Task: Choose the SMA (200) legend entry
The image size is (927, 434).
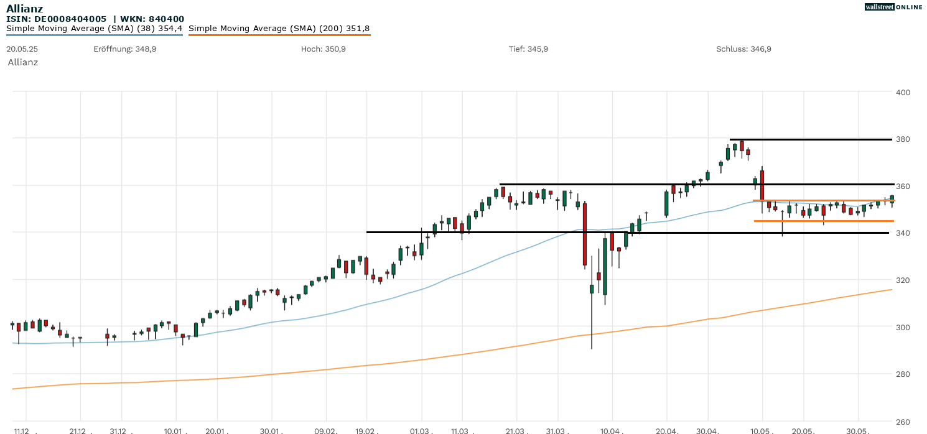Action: point(279,29)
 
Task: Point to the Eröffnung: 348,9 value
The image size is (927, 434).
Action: point(124,48)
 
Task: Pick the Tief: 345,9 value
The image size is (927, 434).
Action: point(528,48)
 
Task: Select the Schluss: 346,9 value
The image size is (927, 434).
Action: point(743,48)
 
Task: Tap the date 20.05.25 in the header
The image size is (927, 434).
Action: point(21,48)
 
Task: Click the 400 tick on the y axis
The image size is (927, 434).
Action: point(902,93)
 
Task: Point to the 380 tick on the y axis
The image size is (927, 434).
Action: point(902,139)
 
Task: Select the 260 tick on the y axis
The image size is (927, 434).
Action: point(902,421)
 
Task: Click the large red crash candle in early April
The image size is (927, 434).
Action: point(585,234)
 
